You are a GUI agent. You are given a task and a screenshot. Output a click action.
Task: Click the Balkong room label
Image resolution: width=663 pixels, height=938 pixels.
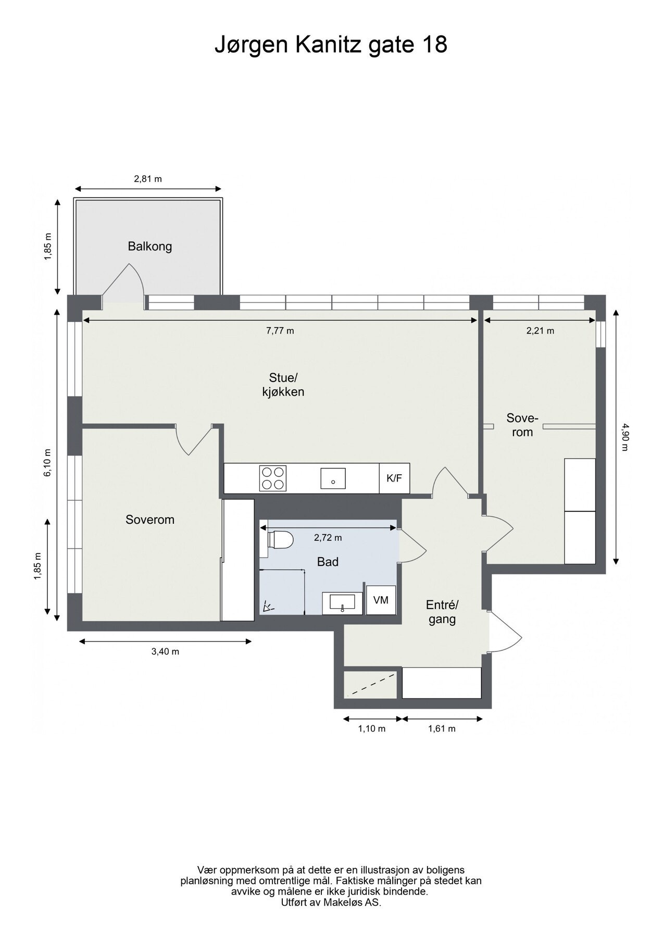(150, 246)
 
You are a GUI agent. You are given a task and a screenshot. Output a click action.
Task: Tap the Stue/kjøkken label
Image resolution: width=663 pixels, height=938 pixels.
(283, 385)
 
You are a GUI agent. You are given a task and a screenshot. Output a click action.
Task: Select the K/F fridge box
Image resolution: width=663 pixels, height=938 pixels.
(394, 478)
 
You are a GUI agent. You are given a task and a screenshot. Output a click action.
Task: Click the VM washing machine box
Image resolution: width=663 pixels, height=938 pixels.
(381, 600)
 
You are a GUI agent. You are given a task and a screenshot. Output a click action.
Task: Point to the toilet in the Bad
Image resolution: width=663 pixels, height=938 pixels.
(280, 540)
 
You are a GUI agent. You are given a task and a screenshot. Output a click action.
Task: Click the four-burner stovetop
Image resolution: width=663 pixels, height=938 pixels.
(273, 478)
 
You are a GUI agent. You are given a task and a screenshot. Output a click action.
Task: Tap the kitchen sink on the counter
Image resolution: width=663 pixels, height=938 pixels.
(333, 478)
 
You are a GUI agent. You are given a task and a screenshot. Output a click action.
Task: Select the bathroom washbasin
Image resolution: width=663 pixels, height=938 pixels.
(342, 603)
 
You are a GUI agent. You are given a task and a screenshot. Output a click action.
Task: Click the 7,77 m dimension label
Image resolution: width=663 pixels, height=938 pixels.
(280, 330)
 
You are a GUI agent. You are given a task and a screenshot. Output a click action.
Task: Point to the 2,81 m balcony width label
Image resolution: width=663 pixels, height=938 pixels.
(148, 179)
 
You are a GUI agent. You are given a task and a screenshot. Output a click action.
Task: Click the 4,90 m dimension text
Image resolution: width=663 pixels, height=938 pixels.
(626, 437)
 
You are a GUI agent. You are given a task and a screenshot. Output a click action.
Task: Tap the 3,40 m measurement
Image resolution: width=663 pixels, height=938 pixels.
(165, 651)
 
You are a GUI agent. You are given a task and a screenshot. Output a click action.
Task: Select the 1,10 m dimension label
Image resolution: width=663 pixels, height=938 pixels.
(371, 729)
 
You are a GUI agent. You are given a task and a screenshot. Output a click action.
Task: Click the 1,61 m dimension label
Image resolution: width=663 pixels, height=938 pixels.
(442, 729)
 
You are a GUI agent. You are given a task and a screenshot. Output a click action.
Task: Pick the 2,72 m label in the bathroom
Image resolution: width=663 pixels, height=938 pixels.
(328, 538)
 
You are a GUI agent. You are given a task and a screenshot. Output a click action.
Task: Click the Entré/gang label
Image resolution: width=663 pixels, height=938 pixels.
(442, 612)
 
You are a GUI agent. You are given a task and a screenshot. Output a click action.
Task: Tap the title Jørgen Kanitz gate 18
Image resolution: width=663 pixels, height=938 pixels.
(331, 45)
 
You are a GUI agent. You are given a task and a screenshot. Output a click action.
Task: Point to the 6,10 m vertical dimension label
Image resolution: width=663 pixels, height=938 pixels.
(48, 463)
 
